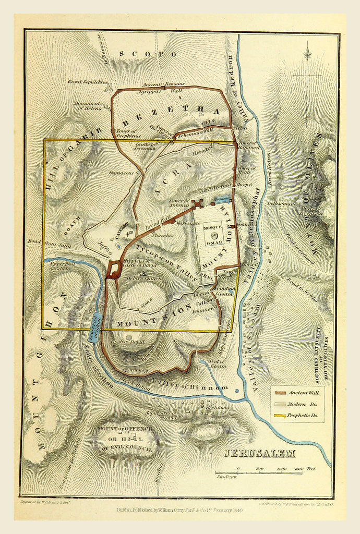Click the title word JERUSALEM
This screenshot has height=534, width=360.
(259, 453)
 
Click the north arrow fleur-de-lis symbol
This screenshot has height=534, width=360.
(307, 54)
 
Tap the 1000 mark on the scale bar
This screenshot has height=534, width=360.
(281, 469)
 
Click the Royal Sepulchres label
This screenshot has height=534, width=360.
(87, 82)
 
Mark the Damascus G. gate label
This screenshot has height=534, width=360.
(124, 172)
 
